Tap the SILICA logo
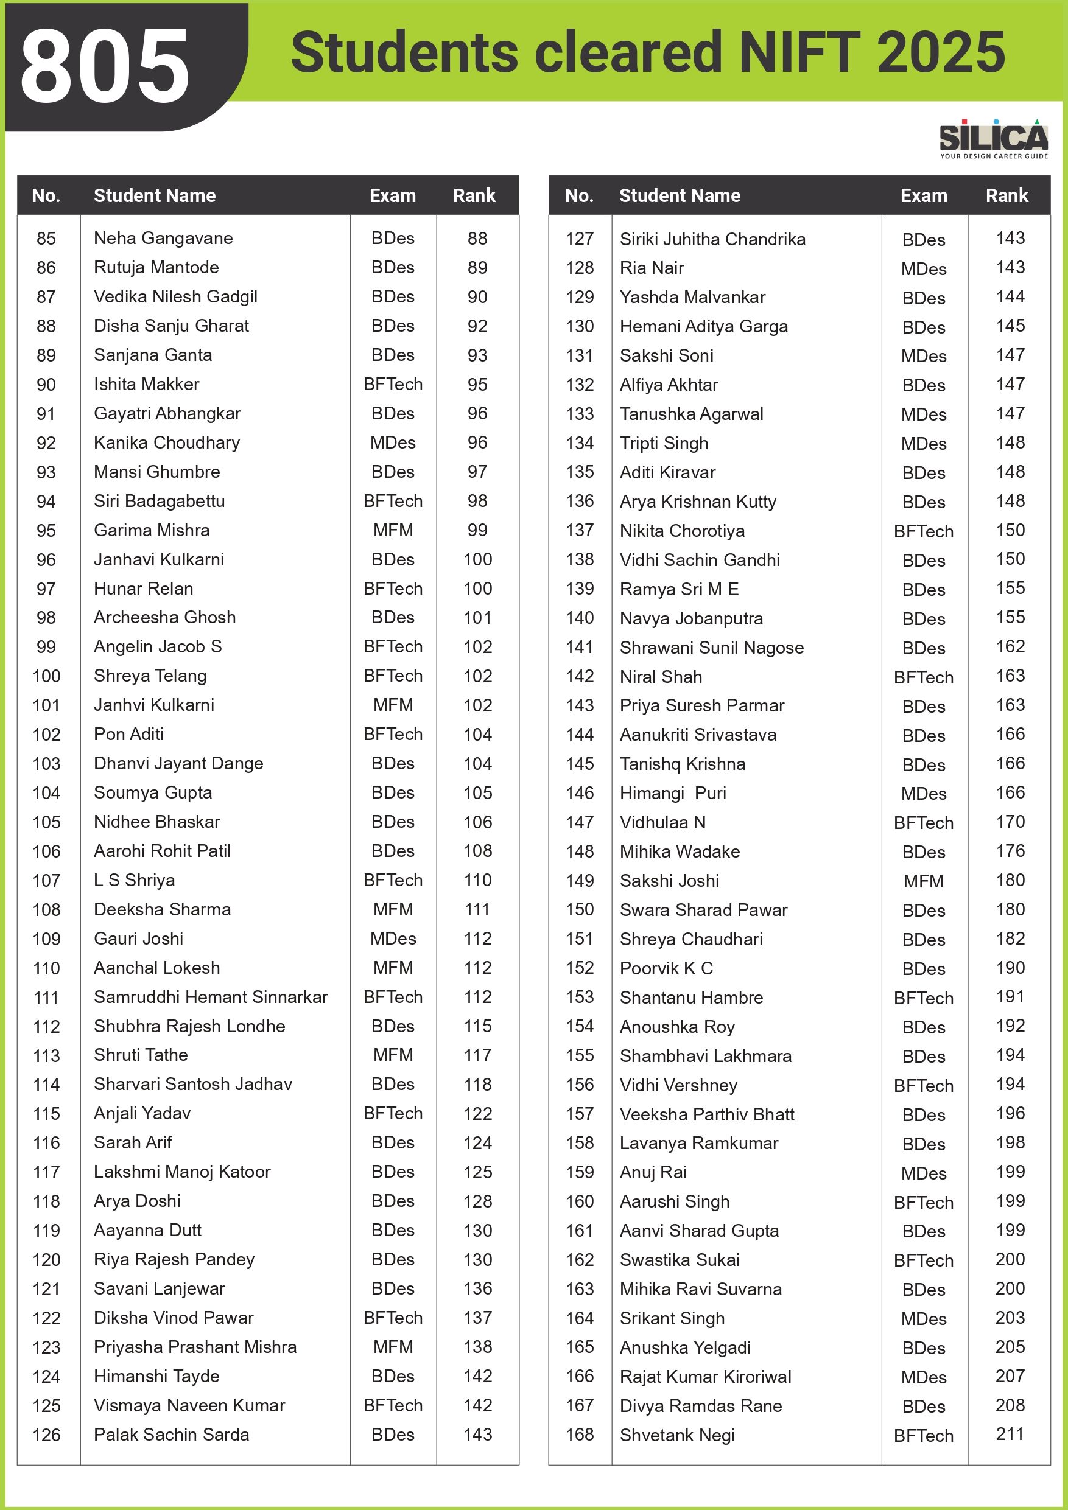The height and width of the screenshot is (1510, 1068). point(993,139)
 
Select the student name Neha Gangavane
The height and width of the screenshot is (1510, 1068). point(163,238)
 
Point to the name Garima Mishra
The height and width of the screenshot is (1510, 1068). point(152,530)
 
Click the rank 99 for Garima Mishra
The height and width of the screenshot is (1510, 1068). point(477,530)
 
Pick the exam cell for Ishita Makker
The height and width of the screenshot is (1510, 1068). point(393,384)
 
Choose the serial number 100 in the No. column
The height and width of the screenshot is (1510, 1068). point(46,676)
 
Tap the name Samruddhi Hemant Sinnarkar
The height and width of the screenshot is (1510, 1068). point(211,997)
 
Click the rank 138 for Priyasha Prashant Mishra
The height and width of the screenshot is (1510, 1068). point(477,1347)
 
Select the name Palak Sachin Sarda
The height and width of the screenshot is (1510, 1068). point(171,1435)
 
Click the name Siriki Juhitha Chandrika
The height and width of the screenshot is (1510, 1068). point(712,239)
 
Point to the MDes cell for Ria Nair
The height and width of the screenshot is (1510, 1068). point(923,269)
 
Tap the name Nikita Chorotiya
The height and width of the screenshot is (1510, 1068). point(682,531)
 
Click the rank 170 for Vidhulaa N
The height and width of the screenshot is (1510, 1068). point(1010,822)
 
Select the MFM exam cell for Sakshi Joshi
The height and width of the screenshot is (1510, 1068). point(923,881)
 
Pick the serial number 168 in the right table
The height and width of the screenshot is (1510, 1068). point(579,1435)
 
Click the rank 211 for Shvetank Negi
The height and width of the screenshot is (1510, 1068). point(1010,1434)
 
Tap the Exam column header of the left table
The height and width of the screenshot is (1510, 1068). point(392,195)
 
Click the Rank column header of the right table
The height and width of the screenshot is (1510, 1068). point(1006,195)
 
